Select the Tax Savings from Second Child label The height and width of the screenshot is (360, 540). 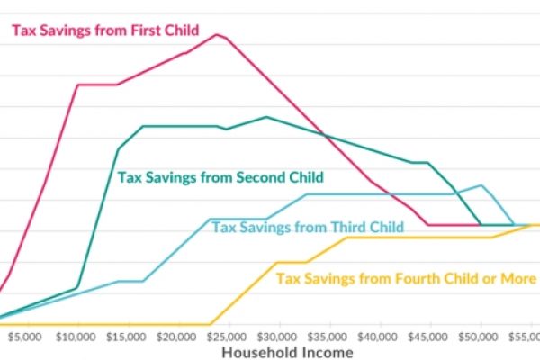[x=220, y=177]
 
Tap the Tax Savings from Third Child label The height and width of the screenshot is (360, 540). [x=307, y=226]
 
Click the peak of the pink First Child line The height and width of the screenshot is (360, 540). [x=217, y=34]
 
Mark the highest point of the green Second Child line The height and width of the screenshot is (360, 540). [x=266, y=117]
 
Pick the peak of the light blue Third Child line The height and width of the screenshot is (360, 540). [x=483, y=185]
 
